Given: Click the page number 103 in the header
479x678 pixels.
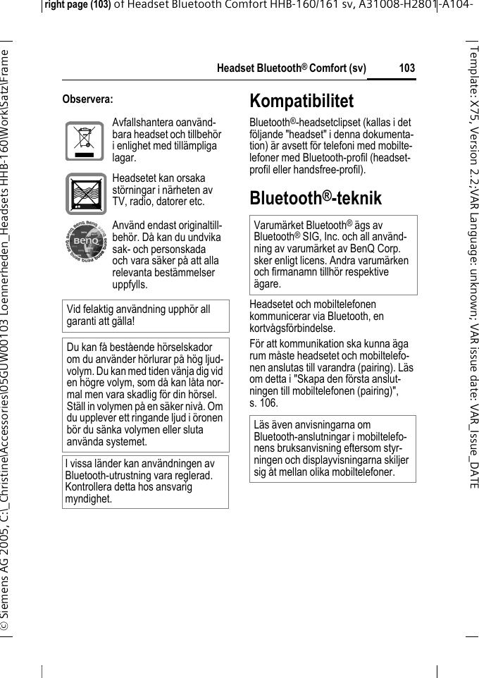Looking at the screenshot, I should [406, 68].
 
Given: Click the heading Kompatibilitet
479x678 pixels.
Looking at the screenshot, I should [301, 101].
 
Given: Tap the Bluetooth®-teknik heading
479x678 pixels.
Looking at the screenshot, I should [316, 198].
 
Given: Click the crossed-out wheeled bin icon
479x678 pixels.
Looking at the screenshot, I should [85, 142].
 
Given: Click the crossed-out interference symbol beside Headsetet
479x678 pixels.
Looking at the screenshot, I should [85, 192].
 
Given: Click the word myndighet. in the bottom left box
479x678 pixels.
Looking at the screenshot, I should [88, 498].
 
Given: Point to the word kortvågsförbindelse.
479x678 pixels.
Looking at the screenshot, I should [294, 328].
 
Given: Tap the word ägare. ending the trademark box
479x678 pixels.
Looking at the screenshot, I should [268, 284].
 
